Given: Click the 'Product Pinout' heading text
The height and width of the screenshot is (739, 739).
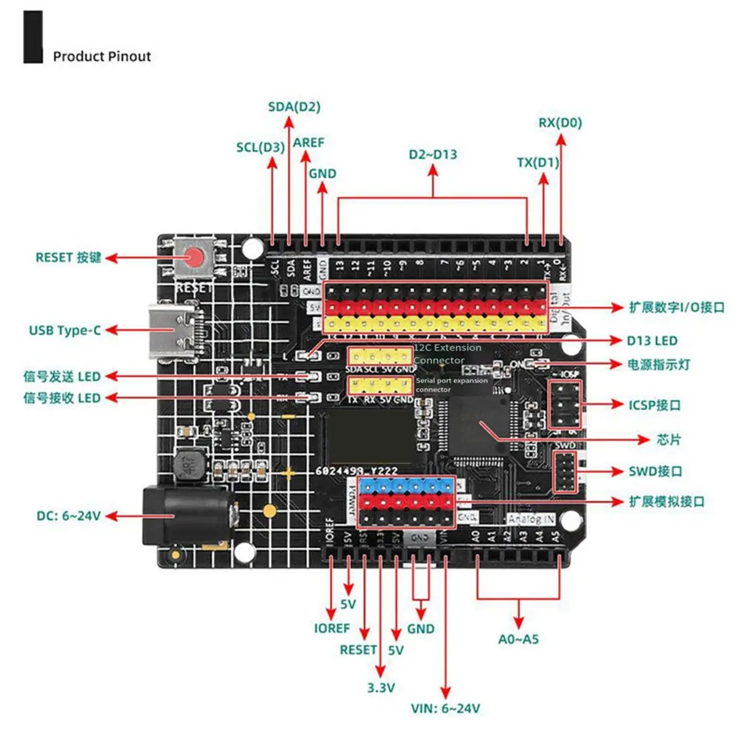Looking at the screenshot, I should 102,57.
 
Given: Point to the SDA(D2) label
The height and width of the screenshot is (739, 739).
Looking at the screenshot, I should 294,107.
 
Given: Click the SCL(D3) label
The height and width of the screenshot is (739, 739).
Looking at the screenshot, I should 260,148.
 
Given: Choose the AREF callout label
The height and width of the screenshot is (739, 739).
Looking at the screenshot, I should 309,142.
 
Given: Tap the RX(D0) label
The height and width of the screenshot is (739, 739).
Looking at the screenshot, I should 560,123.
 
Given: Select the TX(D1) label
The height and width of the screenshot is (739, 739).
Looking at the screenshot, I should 538,163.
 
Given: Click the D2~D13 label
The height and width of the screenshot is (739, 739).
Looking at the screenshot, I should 433,155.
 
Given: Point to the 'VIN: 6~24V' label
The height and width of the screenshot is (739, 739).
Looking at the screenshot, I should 445,709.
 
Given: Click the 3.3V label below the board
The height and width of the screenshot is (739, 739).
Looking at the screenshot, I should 381,688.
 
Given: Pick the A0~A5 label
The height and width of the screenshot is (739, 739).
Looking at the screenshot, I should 518,639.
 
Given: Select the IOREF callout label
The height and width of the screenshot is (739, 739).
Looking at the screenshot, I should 331,628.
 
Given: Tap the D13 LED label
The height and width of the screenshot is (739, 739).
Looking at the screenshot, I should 652,341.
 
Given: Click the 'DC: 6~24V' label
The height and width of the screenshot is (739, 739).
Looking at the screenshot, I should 68,516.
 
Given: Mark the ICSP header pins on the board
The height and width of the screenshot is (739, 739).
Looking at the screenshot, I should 565,405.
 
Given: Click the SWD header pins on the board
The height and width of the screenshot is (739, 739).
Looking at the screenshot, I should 565,472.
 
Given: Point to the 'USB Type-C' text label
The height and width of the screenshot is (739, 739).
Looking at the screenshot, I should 65,330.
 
